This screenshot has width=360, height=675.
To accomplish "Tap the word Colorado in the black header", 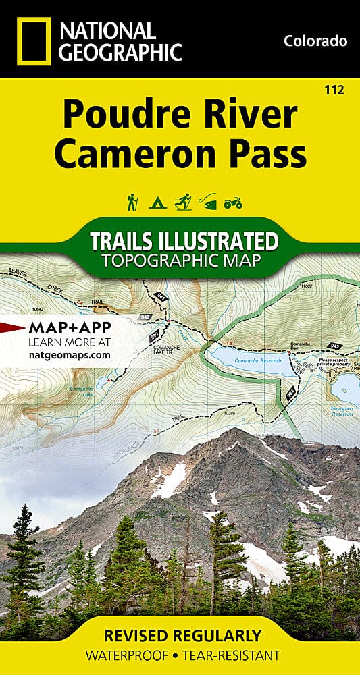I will coord(315,41).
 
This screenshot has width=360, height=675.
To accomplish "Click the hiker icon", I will coord(132,201).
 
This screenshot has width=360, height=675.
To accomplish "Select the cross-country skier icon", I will coord(182,201).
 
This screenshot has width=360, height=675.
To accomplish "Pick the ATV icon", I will coord(232,202).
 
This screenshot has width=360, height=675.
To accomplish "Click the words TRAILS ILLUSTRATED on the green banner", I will coord(180,241).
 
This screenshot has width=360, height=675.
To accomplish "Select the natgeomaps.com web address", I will coord(70,354).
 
